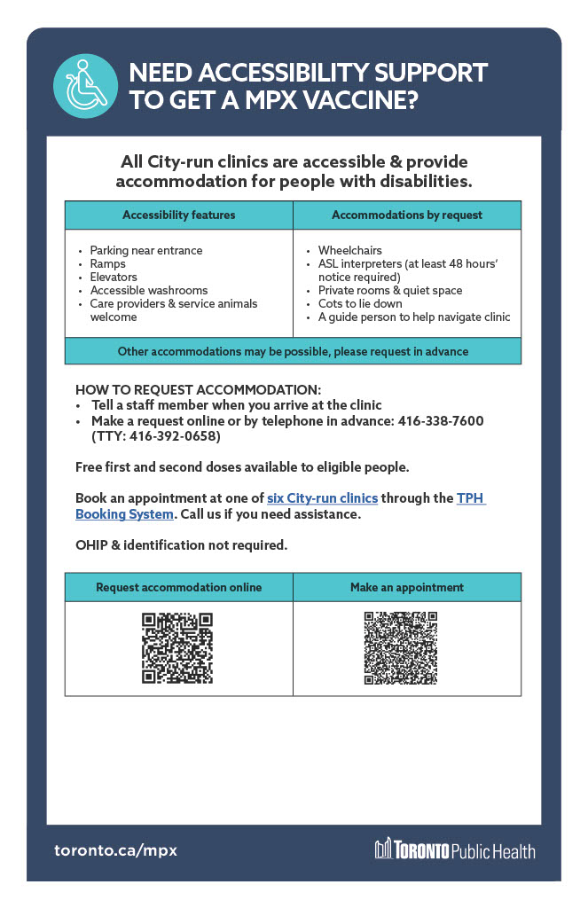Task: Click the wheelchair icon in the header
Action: click(x=86, y=86)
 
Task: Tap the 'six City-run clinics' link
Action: click(x=322, y=498)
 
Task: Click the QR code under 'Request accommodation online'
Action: click(x=177, y=648)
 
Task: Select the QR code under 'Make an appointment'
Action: click(x=400, y=648)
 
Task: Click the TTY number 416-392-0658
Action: click(x=174, y=436)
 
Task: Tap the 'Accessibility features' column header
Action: click(x=178, y=215)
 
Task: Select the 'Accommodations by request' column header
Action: click(x=407, y=215)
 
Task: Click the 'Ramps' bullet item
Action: click(x=107, y=263)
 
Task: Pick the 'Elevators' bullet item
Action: click(x=113, y=277)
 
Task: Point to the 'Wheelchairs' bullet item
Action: click(x=349, y=250)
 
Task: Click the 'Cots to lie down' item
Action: click(x=360, y=303)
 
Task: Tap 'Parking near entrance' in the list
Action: click(x=145, y=250)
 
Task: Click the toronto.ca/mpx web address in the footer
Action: click(x=115, y=850)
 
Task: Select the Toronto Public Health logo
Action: click(x=455, y=850)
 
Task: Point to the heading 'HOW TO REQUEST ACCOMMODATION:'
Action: click(x=198, y=389)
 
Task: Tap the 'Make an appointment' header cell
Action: click(x=407, y=587)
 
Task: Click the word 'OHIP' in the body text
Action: click(x=90, y=544)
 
